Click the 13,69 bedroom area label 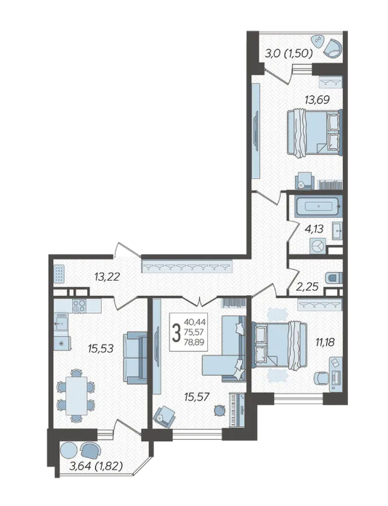317,100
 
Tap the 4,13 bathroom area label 314,229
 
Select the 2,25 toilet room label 308,286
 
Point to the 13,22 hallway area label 107,276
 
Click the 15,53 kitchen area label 101,348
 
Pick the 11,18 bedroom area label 325,342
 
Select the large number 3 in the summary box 176,334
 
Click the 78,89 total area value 194,342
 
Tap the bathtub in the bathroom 319,206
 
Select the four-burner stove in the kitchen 79,306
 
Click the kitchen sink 61,322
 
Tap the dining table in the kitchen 76,395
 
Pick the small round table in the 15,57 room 220,410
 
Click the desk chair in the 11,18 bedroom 321,378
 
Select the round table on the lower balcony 69,450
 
